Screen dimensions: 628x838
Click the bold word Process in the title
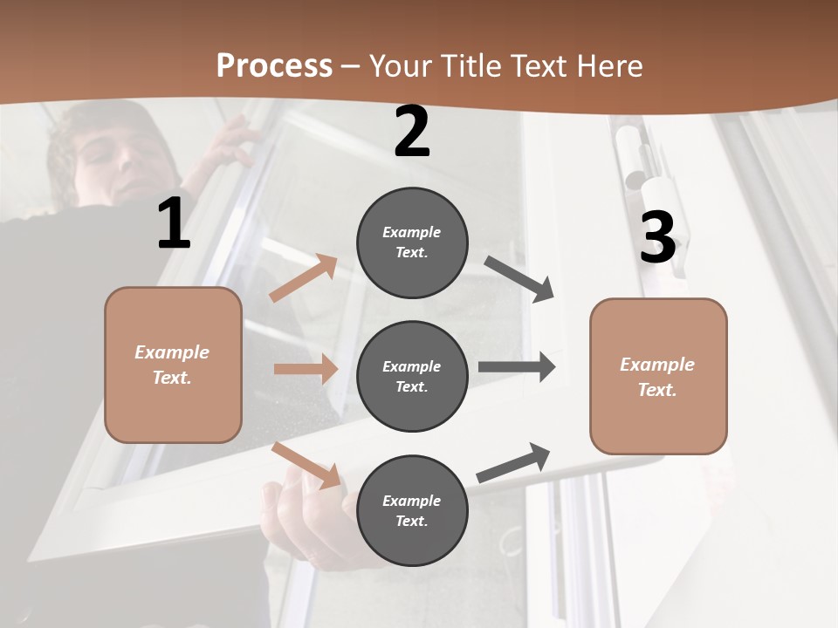click(274, 66)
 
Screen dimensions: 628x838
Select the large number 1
click(174, 224)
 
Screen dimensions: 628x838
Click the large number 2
click(412, 132)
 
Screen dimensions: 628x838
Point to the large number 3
click(657, 237)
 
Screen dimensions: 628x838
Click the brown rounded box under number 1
click(173, 365)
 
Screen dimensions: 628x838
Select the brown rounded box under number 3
click(658, 377)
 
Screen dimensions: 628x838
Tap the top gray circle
click(412, 242)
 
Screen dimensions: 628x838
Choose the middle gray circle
click(412, 377)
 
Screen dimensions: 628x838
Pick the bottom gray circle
click(412, 511)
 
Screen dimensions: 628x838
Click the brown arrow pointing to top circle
click(303, 278)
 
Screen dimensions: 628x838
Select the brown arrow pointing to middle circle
click(306, 369)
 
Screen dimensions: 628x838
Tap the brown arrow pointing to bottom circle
click(306, 465)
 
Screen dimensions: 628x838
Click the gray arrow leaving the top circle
click(519, 279)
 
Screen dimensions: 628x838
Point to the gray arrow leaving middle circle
click(517, 367)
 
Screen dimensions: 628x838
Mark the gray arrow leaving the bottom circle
click(513, 463)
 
